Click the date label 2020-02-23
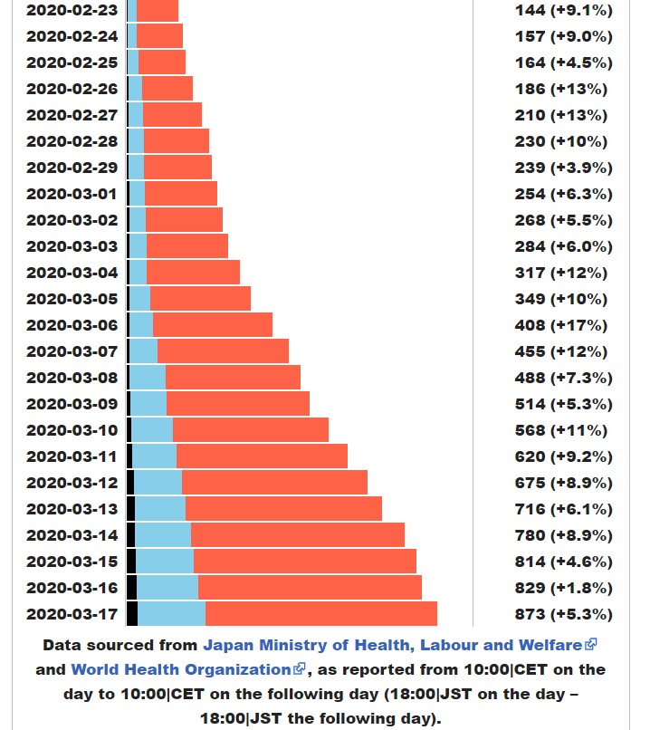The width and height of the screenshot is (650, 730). pos(72,10)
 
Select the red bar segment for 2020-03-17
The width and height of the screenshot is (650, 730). pos(320,613)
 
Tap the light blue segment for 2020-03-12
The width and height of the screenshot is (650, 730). pos(158,482)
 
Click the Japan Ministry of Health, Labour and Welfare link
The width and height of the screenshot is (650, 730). pos(393,645)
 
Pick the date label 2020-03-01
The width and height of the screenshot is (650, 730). pos(72,194)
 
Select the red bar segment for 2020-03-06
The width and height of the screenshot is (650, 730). pos(212,325)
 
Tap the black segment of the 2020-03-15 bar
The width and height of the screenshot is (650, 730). pos(131,561)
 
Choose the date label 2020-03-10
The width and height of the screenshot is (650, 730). pos(72,430)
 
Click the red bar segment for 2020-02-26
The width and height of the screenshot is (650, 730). pos(167,89)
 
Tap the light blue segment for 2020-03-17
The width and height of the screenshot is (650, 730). pos(171,613)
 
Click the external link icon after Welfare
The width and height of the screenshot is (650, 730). pos(591,645)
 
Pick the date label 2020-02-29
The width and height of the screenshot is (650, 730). pos(72,168)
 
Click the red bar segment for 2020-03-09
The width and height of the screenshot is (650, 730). pos(237,404)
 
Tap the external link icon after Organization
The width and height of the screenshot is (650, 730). pos(300,669)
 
